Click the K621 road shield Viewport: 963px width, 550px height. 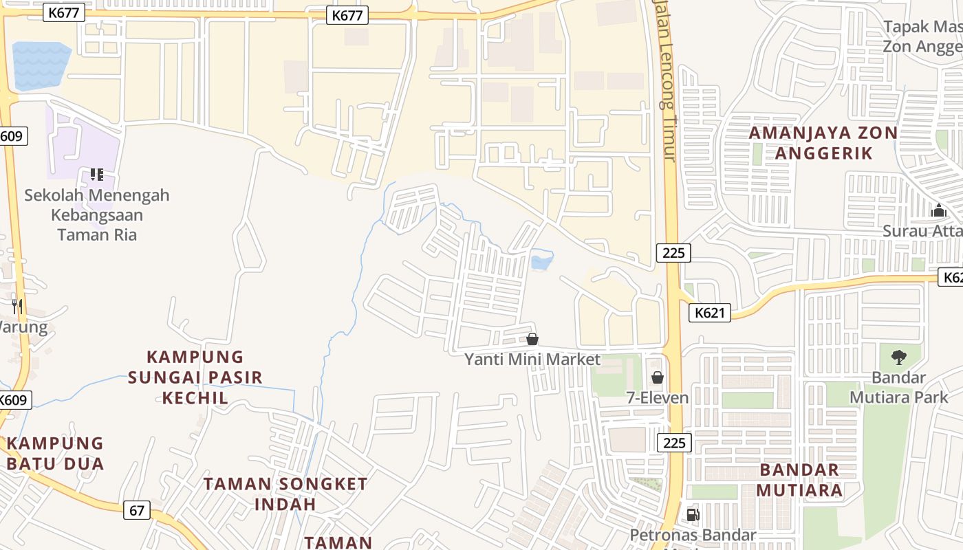pyautogui.click(x=709, y=313)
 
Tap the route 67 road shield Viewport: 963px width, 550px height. pyautogui.click(x=137, y=510)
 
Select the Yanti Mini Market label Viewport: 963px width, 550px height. pyautogui.click(x=532, y=360)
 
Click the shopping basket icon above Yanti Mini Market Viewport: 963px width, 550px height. pyautogui.click(x=532, y=339)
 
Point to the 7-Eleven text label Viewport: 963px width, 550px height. pyautogui.click(x=657, y=397)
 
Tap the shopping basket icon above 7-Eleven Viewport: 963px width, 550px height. pyautogui.click(x=658, y=377)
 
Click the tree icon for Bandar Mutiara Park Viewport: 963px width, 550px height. pyautogui.click(x=898, y=357)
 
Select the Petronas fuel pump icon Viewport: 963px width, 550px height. pyautogui.click(x=693, y=515)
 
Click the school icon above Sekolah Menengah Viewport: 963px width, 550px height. pyautogui.click(x=96, y=175)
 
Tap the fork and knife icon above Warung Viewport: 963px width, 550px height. pyautogui.click(x=17, y=306)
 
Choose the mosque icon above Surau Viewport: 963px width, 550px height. pyautogui.click(x=938, y=210)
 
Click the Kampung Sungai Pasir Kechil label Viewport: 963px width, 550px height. pyautogui.click(x=195, y=377)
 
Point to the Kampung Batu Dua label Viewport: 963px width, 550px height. pyautogui.click(x=55, y=453)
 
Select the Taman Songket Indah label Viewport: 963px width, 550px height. pyautogui.click(x=285, y=493)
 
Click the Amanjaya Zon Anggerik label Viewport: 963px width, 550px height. pyautogui.click(x=823, y=142)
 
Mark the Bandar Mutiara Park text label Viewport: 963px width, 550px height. pyautogui.click(x=898, y=387)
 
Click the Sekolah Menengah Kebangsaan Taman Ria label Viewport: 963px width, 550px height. pyautogui.click(x=96, y=214)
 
